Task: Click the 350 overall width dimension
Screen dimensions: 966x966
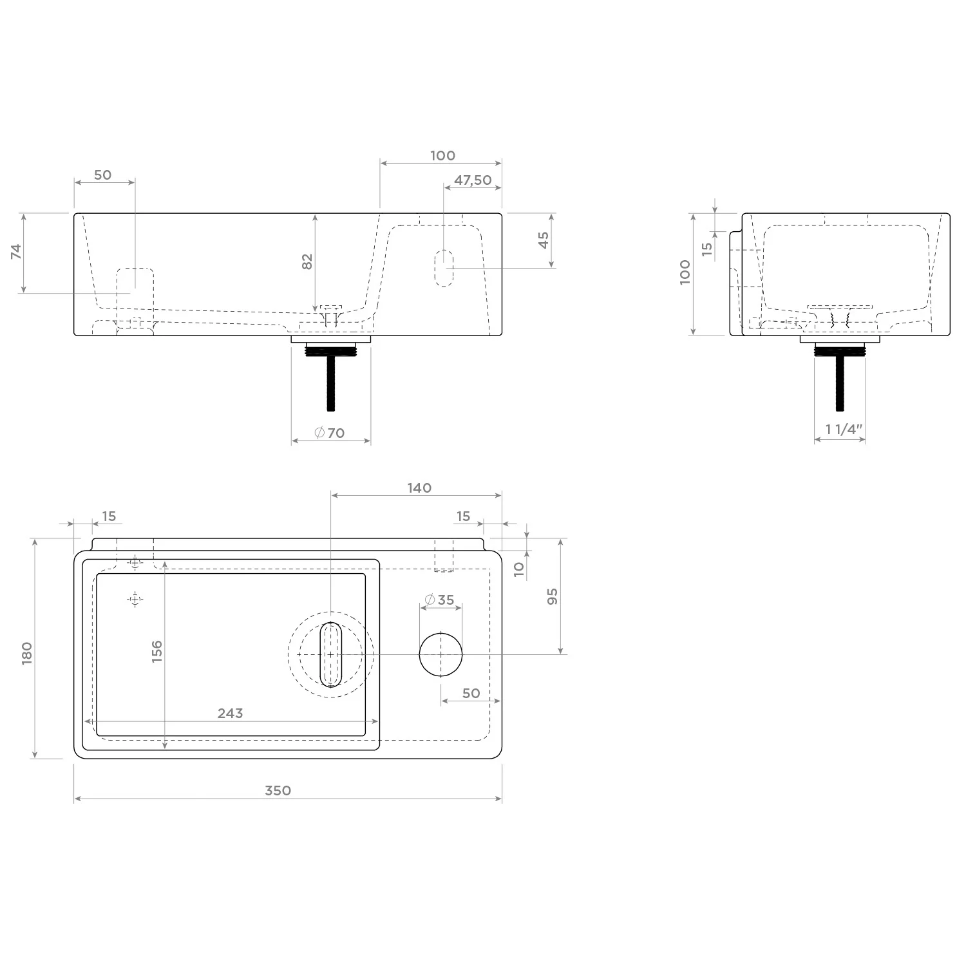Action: click(278, 790)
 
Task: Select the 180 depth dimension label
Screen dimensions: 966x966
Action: click(26, 653)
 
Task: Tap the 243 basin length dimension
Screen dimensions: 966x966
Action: click(230, 713)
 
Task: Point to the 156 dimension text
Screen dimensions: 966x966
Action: click(156, 651)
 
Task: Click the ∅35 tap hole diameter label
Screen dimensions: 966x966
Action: click(440, 600)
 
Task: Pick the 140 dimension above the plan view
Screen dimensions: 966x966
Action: click(419, 488)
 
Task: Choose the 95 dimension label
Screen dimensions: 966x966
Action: click(552, 596)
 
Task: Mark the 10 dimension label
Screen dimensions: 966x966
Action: click(520, 569)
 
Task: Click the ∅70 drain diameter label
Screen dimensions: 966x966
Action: click(329, 433)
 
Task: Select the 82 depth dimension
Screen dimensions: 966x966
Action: click(307, 261)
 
